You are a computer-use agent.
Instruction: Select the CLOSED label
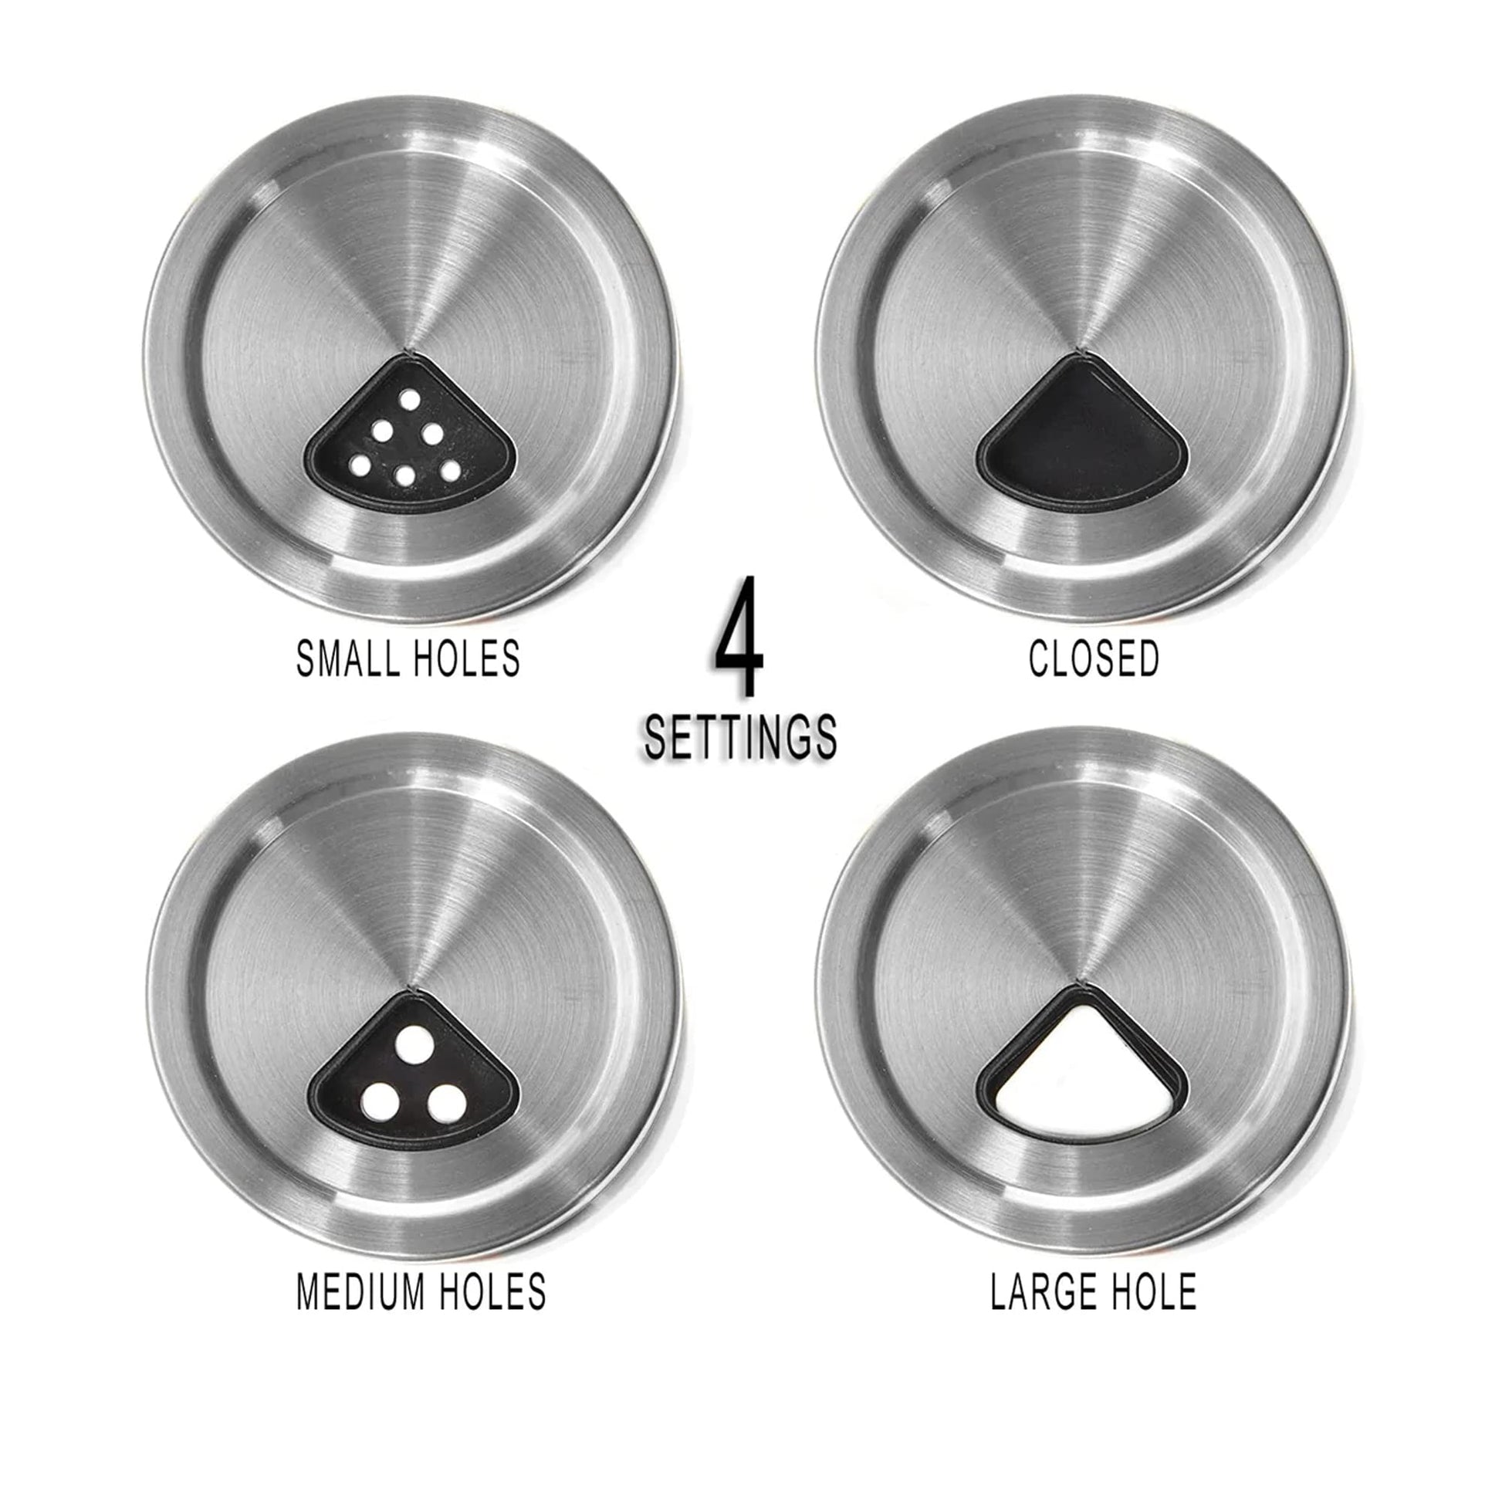coord(1094,658)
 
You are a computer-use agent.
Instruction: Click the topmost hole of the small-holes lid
coord(410,400)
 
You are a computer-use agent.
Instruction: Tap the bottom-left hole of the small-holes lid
coord(360,465)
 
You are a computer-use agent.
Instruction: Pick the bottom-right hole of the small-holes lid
coord(449,469)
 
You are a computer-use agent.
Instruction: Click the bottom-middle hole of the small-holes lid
coord(404,475)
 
